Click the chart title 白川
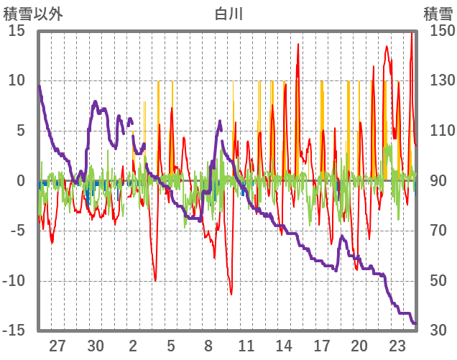(x=228, y=13)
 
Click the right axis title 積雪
(x=438, y=13)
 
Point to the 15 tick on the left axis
(x=17, y=31)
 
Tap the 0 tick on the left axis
(x=21, y=181)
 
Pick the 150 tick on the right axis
(x=438, y=31)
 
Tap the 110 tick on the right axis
(x=438, y=131)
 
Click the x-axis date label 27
(x=57, y=345)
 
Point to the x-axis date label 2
(x=133, y=345)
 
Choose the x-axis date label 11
(x=246, y=345)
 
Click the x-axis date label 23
(x=397, y=345)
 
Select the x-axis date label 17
(x=321, y=345)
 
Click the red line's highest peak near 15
(x=412, y=32)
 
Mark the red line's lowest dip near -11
(x=231, y=294)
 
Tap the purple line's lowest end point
(x=415, y=323)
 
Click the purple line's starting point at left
(x=39, y=86)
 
